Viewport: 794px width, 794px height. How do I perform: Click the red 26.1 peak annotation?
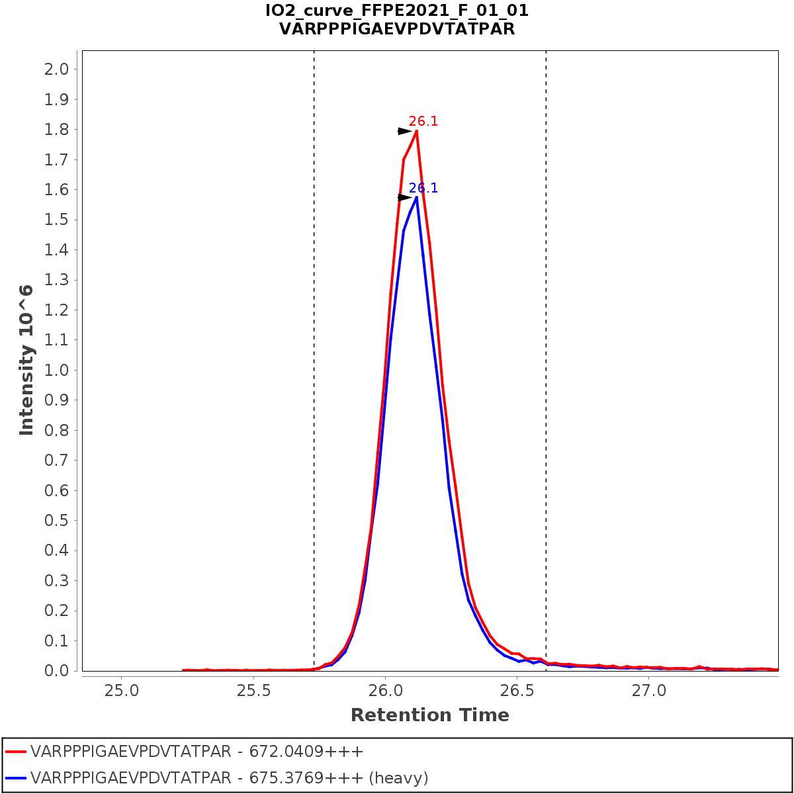pyautogui.click(x=423, y=122)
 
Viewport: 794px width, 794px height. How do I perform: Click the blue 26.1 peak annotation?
pyautogui.click(x=423, y=189)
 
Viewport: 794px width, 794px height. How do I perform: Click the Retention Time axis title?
pyautogui.click(x=430, y=715)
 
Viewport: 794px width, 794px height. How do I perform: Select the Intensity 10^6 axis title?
pyautogui.click(x=26, y=360)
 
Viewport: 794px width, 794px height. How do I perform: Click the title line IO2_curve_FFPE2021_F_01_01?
pyautogui.click(x=397, y=11)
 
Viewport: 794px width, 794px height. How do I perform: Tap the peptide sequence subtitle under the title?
pyautogui.click(x=397, y=29)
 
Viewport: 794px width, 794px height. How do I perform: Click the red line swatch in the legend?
pyautogui.click(x=16, y=752)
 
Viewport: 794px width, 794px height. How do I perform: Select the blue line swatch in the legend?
pyautogui.click(x=16, y=778)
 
